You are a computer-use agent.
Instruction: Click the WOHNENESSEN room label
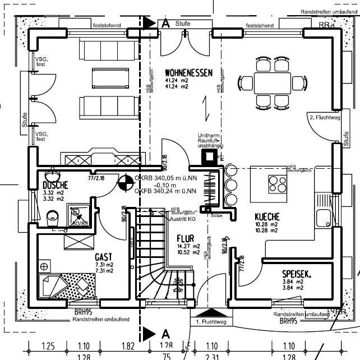pos(188,73)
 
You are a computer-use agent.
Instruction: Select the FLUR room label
pos(185,238)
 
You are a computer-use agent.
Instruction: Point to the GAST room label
pos(104,257)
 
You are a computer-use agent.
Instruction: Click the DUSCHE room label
pos(55,185)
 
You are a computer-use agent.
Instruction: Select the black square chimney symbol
pos(210,156)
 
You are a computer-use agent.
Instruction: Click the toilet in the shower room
pos(52,216)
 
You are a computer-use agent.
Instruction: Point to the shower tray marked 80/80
pos(77,215)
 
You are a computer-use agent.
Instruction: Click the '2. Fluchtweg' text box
pos(325,118)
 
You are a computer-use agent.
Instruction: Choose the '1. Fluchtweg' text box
pos(211,322)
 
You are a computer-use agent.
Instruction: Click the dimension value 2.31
pos(211,357)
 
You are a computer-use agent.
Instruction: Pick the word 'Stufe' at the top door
pos(183,24)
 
